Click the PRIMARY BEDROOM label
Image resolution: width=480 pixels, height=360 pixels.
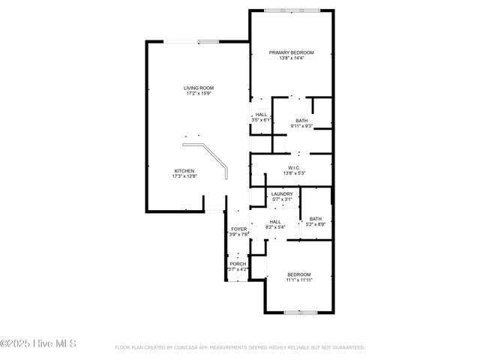(x=292, y=52)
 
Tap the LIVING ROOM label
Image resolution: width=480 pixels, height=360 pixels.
(x=199, y=88)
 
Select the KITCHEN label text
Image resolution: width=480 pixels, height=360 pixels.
(x=184, y=170)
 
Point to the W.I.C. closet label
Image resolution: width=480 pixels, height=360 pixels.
(x=293, y=167)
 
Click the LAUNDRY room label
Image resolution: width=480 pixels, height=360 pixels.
(x=282, y=195)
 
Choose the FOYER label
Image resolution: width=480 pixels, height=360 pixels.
(x=238, y=229)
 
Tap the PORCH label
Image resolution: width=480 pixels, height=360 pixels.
(x=238, y=264)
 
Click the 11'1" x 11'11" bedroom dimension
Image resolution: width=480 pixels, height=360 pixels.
(x=298, y=280)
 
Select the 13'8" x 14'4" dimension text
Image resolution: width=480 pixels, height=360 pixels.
(x=292, y=58)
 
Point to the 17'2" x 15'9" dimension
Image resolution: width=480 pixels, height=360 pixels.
(x=199, y=94)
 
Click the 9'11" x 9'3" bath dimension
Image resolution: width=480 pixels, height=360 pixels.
(x=301, y=126)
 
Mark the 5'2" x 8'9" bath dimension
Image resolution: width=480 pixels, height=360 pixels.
(x=316, y=224)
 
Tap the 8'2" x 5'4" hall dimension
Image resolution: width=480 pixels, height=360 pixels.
(x=275, y=227)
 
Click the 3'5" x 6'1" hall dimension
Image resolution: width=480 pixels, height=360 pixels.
(x=261, y=120)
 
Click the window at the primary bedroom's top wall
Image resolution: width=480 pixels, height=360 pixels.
(x=292, y=10)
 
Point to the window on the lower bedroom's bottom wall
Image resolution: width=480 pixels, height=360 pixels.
(x=298, y=312)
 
